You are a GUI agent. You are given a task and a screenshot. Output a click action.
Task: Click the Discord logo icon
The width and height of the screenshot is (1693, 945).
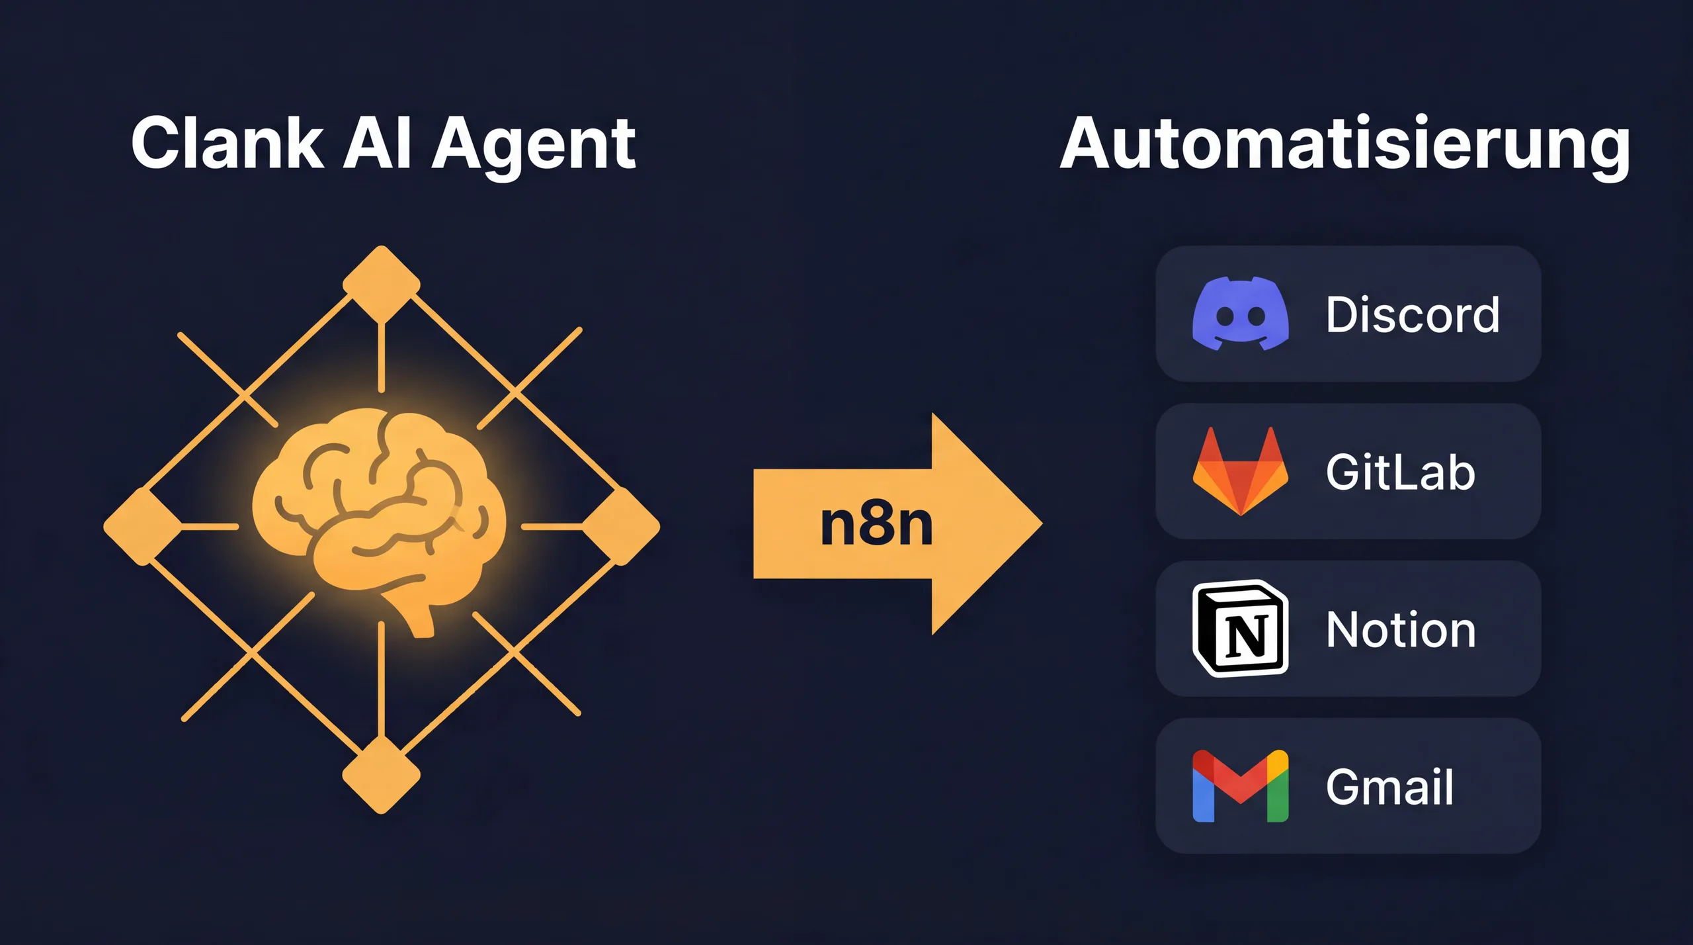1240,314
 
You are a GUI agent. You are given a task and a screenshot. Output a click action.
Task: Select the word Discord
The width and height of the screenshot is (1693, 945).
1413,314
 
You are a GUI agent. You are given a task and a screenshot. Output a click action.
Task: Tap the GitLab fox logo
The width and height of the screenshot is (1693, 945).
1240,471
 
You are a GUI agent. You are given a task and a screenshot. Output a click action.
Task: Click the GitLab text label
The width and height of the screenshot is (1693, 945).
1400,472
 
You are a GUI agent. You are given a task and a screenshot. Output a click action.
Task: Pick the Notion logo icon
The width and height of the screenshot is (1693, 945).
1240,629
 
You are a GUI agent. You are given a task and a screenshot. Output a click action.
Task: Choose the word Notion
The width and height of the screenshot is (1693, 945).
1401,629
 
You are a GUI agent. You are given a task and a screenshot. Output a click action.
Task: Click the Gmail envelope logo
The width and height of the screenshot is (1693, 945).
1240,786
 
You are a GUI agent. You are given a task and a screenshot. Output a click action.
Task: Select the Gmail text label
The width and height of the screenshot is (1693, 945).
1389,787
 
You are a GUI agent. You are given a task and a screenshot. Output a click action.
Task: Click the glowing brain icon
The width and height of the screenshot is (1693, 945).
379,510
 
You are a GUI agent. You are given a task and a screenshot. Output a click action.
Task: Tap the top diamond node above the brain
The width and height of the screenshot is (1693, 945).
382,285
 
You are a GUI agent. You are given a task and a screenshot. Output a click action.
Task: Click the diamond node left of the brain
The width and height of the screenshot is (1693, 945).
142,527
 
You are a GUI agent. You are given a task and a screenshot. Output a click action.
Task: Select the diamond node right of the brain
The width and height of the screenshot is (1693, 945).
620,527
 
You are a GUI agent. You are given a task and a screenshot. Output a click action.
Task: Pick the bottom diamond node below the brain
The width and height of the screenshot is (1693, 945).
382,774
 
